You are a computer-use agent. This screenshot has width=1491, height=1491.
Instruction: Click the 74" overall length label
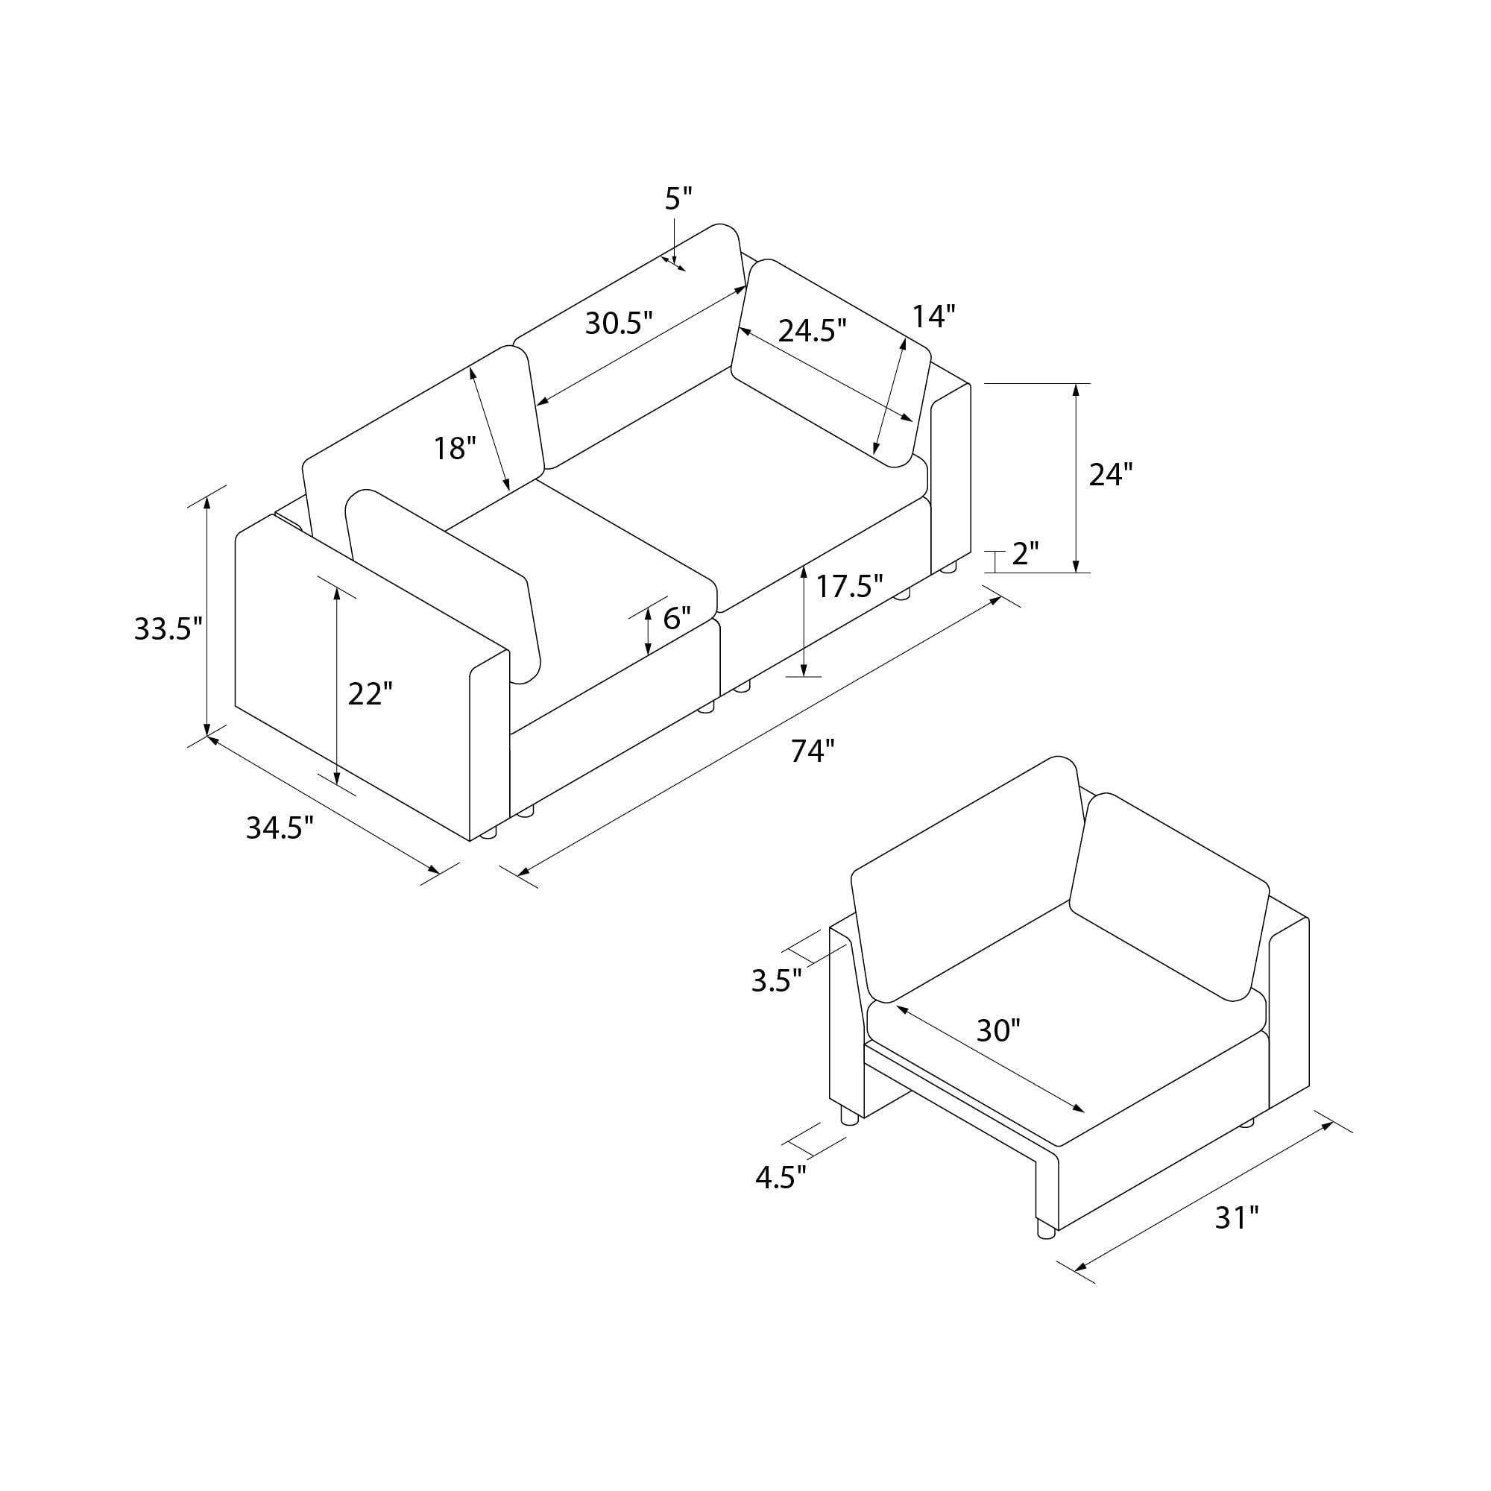pos(813,750)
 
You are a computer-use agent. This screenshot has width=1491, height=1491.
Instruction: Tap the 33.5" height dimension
pos(168,629)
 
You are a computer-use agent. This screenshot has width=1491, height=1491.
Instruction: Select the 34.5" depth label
pos(280,828)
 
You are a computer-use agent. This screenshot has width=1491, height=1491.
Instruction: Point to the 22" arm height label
pos(371,694)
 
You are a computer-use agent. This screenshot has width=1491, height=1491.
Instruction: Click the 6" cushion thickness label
pos(677,617)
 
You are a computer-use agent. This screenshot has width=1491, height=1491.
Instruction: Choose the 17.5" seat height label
pos(849,587)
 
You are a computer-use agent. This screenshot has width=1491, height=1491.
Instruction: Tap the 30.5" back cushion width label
pos(619,323)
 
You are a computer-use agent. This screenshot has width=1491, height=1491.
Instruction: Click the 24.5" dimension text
pos(812,330)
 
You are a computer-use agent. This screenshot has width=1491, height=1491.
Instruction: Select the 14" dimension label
pos(934,316)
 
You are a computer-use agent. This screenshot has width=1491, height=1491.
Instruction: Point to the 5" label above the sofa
pos(678,199)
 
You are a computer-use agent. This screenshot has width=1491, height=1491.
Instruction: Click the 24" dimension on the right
pos(1111,475)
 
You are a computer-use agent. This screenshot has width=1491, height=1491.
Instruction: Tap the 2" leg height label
pos(1025,554)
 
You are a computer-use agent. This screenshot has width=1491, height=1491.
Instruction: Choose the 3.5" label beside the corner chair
pos(776,980)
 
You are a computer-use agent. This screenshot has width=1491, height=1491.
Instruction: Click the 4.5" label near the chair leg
pos(781,1178)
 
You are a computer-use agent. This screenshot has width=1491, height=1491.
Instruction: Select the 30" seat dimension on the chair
pos(998,1030)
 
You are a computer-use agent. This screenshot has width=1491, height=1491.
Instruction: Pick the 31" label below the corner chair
pos(1236,1218)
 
